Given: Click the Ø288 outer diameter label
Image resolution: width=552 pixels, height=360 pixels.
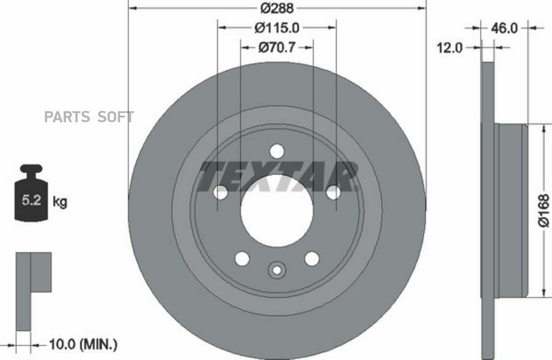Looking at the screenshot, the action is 277,8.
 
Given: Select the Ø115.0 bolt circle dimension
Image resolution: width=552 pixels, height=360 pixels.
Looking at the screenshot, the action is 277,28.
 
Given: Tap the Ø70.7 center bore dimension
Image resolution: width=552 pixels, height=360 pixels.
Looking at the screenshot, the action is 277,47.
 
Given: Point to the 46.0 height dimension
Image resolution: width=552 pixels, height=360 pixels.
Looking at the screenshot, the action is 504,28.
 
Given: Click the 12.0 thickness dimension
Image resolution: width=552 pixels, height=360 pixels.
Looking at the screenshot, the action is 450,47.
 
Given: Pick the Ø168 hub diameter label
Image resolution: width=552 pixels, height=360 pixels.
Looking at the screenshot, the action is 543,210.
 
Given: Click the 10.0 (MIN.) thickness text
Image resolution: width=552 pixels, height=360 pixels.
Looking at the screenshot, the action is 83,344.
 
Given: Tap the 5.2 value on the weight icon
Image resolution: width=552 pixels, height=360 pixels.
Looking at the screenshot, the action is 32,200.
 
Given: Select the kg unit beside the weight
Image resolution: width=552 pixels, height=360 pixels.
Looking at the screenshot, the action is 59,202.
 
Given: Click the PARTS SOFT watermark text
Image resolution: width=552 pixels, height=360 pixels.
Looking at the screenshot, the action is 89,117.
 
